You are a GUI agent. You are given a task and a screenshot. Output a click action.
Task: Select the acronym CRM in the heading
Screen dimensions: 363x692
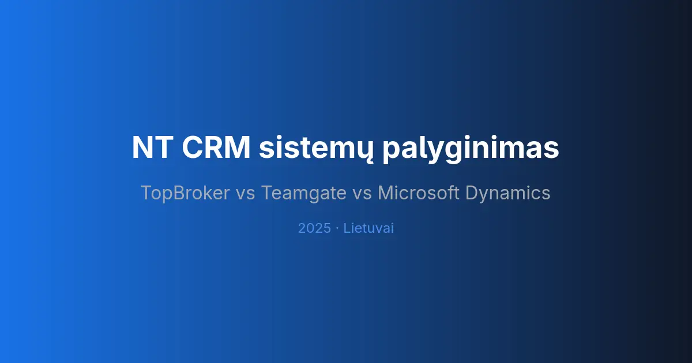[216, 148]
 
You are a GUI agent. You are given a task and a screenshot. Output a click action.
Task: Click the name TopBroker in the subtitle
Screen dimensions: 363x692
[185, 193]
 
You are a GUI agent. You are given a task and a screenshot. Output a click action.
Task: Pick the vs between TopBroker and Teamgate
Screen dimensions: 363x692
[245, 194]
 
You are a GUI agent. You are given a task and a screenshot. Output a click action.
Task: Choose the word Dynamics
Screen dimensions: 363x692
[508, 194]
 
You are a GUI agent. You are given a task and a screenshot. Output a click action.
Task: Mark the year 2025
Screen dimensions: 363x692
[314, 228]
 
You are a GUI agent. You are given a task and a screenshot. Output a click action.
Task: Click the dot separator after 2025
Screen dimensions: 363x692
[337, 228]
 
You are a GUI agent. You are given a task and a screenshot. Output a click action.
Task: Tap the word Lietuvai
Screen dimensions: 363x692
[368, 228]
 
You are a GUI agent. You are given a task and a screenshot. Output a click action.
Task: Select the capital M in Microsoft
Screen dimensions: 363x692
[385, 193]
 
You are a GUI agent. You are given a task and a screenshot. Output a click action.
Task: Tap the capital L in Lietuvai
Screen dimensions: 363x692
[347, 228]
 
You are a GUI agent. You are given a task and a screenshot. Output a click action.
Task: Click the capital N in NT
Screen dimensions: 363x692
[142, 148]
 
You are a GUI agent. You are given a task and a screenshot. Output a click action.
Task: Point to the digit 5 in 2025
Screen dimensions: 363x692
[326, 228]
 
